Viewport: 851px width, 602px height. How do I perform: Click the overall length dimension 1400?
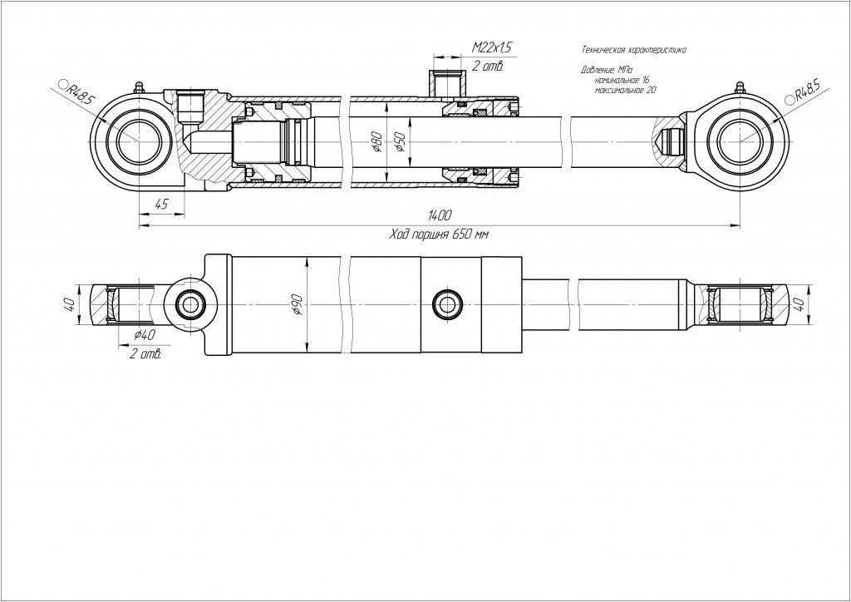point(430,216)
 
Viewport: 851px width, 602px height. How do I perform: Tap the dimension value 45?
point(161,205)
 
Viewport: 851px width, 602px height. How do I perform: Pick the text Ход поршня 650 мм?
point(438,235)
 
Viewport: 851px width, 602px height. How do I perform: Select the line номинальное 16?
point(621,80)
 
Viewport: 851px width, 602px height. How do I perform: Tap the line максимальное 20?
point(626,89)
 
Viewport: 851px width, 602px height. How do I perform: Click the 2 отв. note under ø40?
point(145,353)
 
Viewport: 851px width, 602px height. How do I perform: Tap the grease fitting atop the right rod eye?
point(738,88)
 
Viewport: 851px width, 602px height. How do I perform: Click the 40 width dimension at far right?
point(799,303)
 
